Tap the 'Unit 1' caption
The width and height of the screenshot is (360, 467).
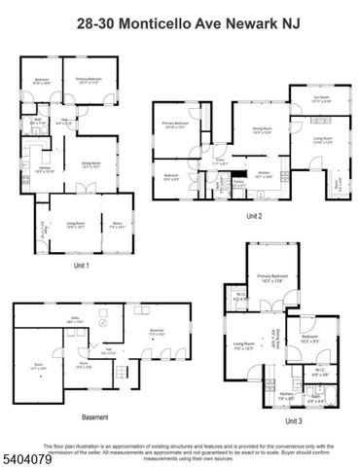pos(82,265)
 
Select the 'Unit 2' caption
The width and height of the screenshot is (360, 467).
pos(254,215)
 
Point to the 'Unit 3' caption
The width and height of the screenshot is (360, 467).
pos(294,420)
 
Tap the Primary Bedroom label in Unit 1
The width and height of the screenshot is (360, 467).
pos(90,80)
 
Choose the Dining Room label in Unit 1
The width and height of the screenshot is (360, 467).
pos(91,163)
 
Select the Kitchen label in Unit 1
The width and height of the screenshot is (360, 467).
pos(44,169)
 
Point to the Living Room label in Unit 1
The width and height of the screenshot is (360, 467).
pos(77,225)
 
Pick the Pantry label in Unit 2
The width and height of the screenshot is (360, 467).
pos(238,180)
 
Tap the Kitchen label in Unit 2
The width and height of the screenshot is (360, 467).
pos(264,173)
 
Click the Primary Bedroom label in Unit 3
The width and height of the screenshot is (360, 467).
pos(269,278)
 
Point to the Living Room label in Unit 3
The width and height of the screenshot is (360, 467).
pos(243,343)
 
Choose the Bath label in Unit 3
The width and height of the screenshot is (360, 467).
pos(314,396)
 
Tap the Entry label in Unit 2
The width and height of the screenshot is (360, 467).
pos(220,161)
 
